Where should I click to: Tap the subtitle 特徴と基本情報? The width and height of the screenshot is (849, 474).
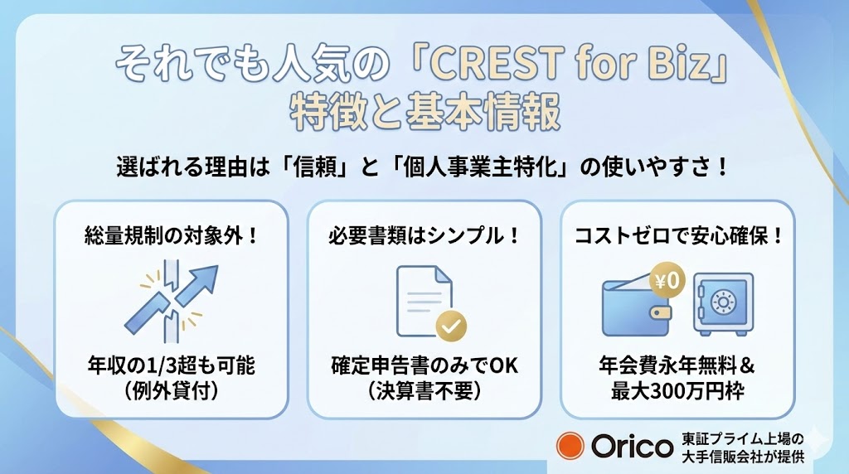point(424,113)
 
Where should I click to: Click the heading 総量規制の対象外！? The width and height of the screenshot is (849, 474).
point(172,235)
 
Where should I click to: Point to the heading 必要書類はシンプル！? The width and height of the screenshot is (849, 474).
point(424,235)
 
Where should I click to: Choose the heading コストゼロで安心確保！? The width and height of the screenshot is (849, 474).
point(678,235)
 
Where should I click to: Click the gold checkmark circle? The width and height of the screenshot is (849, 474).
point(451,326)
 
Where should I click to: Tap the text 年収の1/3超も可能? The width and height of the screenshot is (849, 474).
point(172,365)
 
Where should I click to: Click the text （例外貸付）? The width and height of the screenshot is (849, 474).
point(172,390)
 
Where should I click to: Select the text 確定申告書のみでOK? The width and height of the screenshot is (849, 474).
point(424,365)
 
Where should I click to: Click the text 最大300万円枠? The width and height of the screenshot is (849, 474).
point(678,390)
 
